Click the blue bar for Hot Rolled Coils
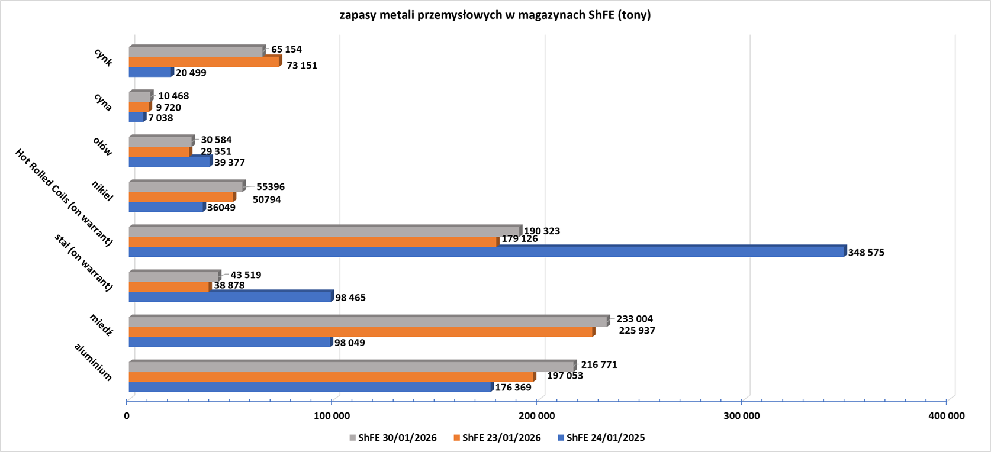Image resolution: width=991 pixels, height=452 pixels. (x=487, y=252)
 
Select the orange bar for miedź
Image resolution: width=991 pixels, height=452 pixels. (x=361, y=332)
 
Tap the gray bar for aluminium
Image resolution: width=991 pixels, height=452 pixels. (x=352, y=367)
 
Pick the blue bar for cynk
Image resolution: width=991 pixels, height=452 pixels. (x=150, y=72)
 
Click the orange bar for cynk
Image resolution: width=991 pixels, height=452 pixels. (x=204, y=62)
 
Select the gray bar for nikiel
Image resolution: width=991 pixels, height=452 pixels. (x=186, y=187)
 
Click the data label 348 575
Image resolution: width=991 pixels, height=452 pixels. (x=866, y=253)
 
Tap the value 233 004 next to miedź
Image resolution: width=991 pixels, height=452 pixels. (x=635, y=319)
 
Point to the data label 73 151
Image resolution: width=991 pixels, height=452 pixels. (x=302, y=66)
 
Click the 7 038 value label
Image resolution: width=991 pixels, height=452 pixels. (x=160, y=118)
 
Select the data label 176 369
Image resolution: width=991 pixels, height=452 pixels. (x=513, y=388)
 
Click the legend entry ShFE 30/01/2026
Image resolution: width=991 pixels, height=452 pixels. (x=393, y=438)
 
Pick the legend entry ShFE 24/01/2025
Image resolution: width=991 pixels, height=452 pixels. (x=601, y=438)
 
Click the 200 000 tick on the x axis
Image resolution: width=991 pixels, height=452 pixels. (x=537, y=416)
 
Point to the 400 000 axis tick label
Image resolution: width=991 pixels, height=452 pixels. (x=946, y=416)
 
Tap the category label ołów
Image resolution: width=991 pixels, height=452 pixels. (x=102, y=147)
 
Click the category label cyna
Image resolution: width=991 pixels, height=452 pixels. (x=103, y=102)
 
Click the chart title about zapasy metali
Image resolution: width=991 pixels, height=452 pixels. (x=495, y=15)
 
